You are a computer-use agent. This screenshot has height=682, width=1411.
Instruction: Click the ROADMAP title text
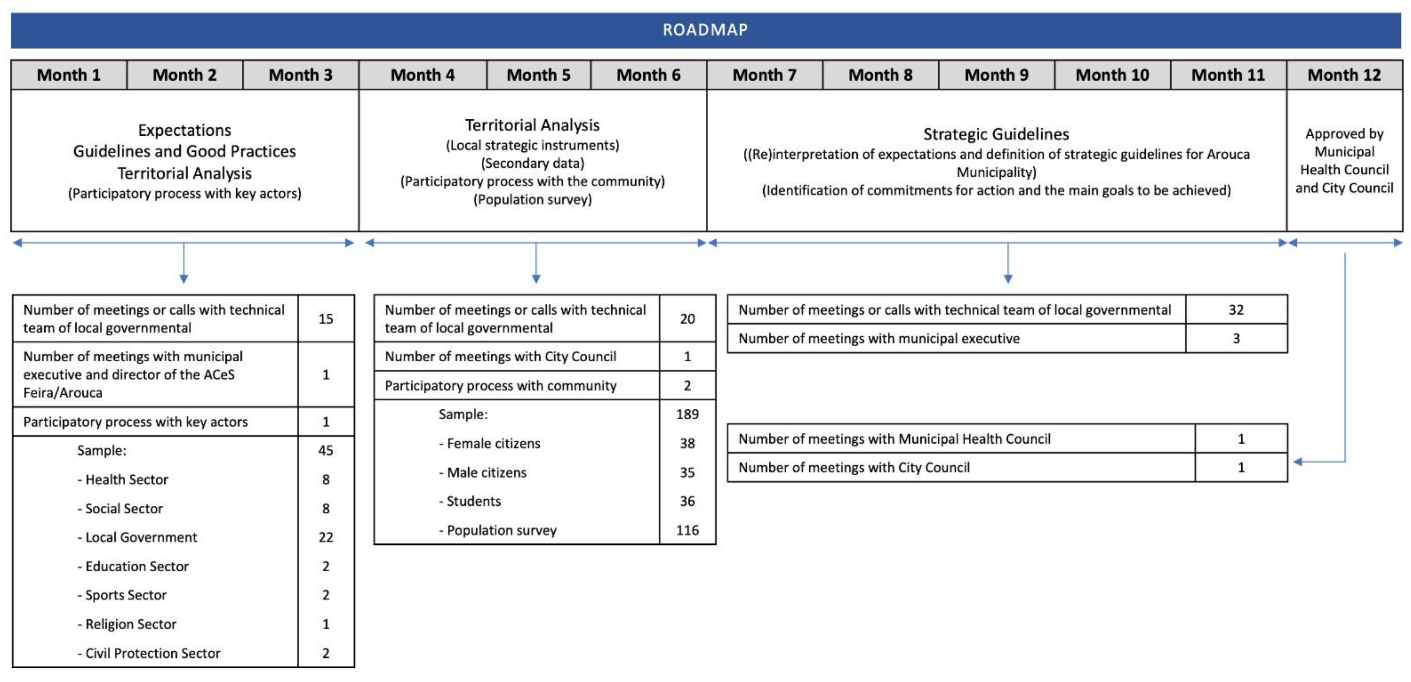pos(705,30)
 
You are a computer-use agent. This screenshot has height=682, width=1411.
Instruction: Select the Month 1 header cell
pos(69,75)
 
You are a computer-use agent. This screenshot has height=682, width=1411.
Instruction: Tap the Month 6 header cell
pos(648,75)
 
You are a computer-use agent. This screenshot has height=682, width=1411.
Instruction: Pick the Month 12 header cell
pos(1344,75)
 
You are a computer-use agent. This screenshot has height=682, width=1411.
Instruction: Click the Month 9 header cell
pos(996,75)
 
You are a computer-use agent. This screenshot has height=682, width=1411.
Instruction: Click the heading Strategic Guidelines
pos(996,134)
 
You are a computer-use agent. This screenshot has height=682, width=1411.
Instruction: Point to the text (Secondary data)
pos(532,163)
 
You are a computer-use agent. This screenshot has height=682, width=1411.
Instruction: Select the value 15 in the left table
pos(326,319)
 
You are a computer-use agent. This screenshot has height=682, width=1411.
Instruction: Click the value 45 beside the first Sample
pos(326,450)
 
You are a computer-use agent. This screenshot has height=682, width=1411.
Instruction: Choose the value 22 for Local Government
pos(326,537)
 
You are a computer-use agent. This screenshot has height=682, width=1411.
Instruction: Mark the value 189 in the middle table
pos(687,414)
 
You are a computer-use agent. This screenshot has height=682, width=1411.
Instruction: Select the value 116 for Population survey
pos(687,530)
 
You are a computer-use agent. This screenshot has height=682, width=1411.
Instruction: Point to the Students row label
pos(473,501)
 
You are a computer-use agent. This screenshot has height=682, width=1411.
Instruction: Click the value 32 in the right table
pos(1236,310)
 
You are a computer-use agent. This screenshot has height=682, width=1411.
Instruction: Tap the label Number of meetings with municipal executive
pos(879,339)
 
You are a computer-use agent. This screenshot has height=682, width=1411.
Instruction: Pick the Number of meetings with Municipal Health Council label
pos(894,439)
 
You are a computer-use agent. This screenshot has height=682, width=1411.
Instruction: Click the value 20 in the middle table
pos(687,319)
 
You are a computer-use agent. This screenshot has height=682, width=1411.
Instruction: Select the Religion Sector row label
pos(130,624)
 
